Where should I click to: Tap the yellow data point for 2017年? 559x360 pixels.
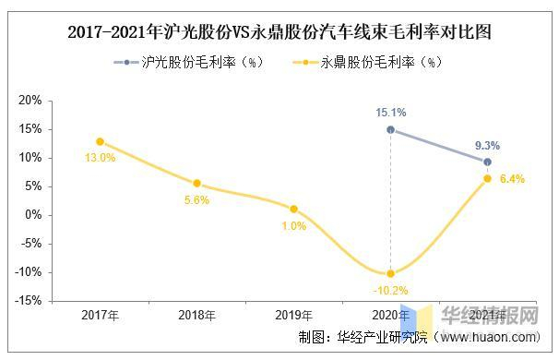click(x=100, y=141)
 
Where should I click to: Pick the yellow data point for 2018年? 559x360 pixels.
click(x=196, y=184)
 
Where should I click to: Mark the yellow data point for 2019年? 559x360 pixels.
click(x=293, y=209)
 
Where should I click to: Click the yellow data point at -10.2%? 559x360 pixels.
click(x=390, y=273)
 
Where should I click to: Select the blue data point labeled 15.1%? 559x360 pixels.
click(x=390, y=130)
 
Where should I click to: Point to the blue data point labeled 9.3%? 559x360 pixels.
click(x=487, y=162)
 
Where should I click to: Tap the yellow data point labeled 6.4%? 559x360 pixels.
click(x=487, y=178)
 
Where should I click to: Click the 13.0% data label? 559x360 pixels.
click(x=100, y=158)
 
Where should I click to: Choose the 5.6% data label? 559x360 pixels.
click(x=196, y=200)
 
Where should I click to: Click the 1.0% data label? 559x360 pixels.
click(x=293, y=226)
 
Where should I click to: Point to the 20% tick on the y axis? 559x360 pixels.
click(x=31, y=101)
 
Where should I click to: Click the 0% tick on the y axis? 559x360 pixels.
click(x=34, y=215)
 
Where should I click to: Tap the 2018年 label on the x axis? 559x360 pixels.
click(x=196, y=316)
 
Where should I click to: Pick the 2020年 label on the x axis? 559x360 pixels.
click(x=390, y=316)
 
